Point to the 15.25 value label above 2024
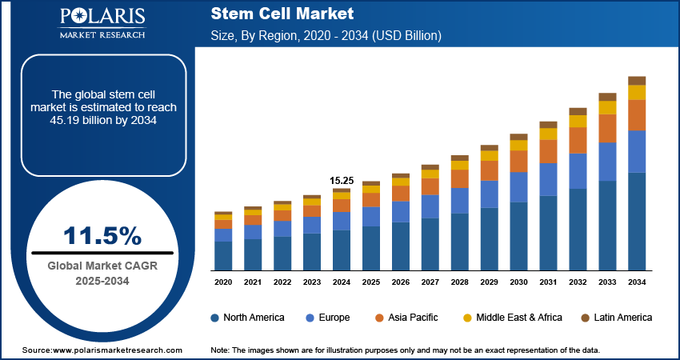[342, 180]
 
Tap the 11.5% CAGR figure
[102, 236]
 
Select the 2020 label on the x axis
[223, 282]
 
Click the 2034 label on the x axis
[637, 282]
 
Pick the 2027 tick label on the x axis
[430, 282]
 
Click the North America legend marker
[215, 318]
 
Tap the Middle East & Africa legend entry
[512, 318]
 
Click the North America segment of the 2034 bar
[637, 221]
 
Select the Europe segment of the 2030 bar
[519, 187]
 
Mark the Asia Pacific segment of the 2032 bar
[578, 140]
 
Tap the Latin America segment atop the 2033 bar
[608, 97]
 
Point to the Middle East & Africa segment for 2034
[637, 93]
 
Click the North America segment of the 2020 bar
[223, 255]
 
